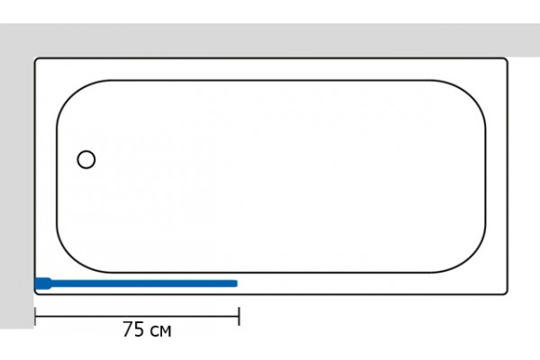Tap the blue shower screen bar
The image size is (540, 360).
136,283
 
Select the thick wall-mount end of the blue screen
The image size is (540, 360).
43,283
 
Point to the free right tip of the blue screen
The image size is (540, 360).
237,283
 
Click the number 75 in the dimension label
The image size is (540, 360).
133,329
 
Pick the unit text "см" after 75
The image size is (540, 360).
160,331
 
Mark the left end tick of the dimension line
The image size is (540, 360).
35,316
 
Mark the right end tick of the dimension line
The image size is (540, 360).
239,316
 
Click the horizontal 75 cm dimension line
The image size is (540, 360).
137,316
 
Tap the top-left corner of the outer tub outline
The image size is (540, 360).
36,59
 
